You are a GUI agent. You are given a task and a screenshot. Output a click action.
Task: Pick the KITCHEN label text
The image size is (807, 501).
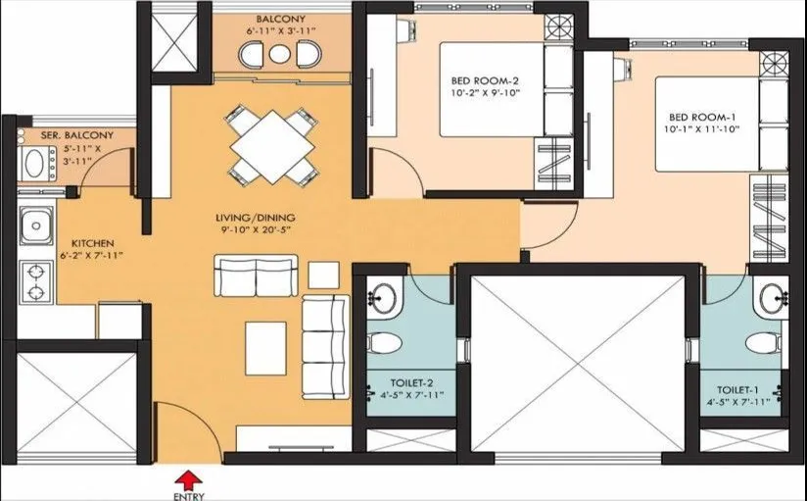93,242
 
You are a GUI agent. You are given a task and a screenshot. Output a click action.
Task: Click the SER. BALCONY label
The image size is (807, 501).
77,135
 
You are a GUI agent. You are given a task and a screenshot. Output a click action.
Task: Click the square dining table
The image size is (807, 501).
271,144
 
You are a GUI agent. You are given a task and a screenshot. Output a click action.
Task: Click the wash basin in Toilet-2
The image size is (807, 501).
384,296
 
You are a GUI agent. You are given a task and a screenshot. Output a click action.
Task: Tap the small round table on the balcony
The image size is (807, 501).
281,56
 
